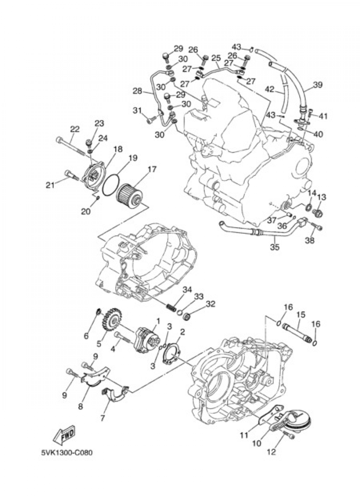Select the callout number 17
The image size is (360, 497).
tap(152, 169)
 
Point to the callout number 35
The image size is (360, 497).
tap(275, 247)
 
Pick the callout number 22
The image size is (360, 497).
tap(75, 129)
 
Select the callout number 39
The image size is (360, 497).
tap(318, 85)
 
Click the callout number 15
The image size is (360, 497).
tap(301, 315)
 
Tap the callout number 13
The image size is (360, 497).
tap(321, 197)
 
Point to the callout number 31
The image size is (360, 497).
tap(137, 111)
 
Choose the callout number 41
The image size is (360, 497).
tap(323, 116)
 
